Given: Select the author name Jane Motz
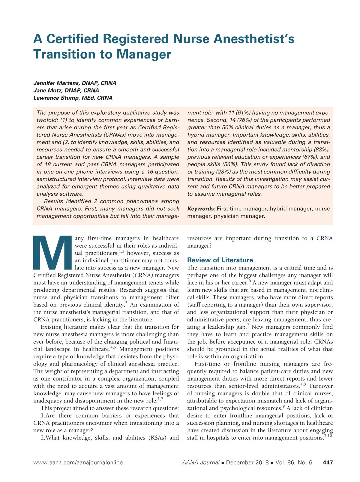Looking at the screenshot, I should pos(48,90).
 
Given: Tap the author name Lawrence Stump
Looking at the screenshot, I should pos(54,98).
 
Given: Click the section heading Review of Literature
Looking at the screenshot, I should pos(220,260).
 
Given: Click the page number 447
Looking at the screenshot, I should pos(328,462).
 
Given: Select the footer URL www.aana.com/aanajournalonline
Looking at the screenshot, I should pos(78,462).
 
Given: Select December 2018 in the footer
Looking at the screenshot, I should pos(247,462).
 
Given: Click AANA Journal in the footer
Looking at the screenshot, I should pos(200,462).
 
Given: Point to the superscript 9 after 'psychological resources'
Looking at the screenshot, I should pos(283,407).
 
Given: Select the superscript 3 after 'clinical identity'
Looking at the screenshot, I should pos(126,303).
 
